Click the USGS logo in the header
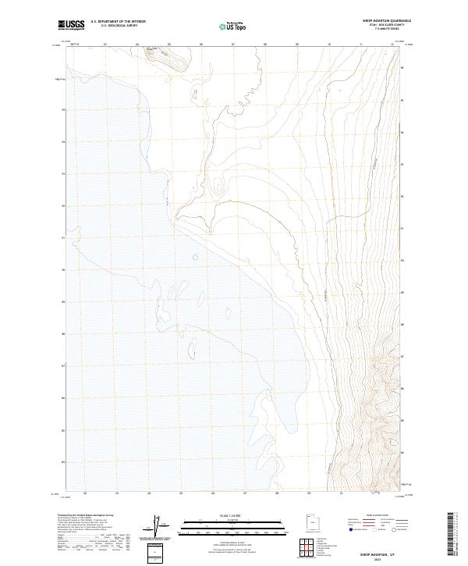pos(72,25)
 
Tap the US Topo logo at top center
pos(233,26)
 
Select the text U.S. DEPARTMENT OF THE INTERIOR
pos(118,22)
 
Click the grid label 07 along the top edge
pos(233,44)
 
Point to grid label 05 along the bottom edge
pos(181,493)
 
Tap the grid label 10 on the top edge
pos(329,44)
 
